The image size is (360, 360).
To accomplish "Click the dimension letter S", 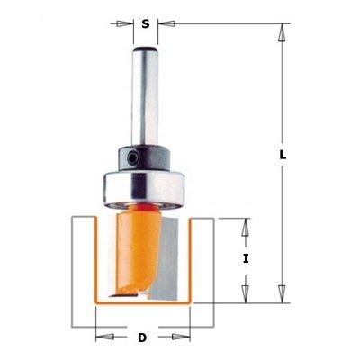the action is click(x=146, y=23).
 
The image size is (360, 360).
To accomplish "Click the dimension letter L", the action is click(x=283, y=155).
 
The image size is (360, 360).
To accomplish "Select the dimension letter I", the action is click(x=246, y=258).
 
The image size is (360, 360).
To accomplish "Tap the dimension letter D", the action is click(x=142, y=337).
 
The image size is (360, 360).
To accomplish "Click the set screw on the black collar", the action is click(x=131, y=157).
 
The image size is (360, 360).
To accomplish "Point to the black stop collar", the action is click(x=144, y=159).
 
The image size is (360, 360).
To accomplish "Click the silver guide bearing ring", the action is click(x=144, y=189).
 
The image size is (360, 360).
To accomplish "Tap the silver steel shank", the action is click(x=145, y=96).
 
